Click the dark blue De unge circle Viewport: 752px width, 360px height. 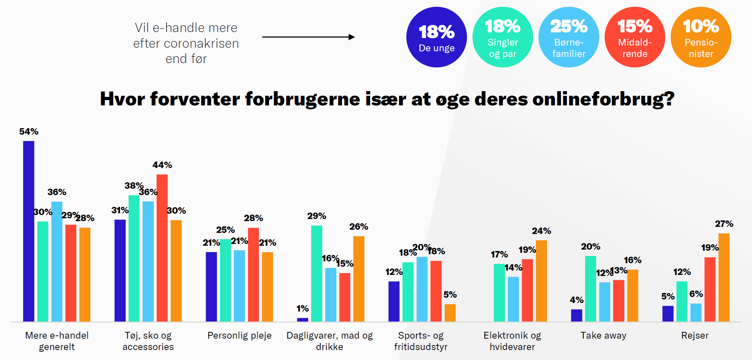tap(436, 37)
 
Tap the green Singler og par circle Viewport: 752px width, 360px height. tap(503, 37)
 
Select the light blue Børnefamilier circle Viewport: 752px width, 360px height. tap(569, 37)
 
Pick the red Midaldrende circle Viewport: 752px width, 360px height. tap(635, 37)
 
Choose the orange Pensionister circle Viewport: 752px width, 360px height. tap(701, 37)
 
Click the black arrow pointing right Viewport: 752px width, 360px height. tap(308, 37)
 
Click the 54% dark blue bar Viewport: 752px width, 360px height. tap(29, 231)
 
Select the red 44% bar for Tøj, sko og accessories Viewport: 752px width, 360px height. tap(162, 248)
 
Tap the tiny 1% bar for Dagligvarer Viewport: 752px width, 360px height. tap(303, 320)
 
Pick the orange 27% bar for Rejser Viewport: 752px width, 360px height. tap(724, 278)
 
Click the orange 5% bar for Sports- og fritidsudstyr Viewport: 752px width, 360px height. tap(450, 313)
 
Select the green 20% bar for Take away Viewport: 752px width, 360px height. tap(590, 289)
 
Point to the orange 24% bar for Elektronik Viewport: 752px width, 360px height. tap(541, 281)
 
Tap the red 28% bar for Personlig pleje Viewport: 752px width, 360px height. tap(253, 275)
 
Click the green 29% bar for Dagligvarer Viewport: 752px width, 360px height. tap(316, 273)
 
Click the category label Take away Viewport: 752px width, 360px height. tap(603, 335)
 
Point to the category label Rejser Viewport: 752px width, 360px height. tap(695, 335)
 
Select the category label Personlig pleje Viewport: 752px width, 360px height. tap(239, 335)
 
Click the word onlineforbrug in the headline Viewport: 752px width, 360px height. tap(603, 99)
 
